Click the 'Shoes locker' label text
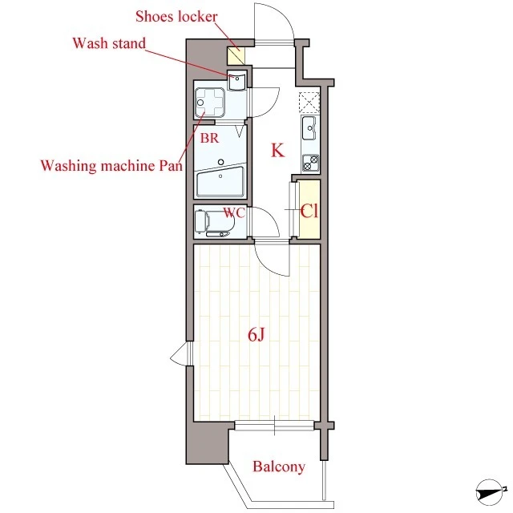[176, 16]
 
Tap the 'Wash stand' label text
[109, 42]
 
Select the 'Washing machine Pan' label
[111, 166]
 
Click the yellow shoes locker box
[236, 55]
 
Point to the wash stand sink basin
[237, 81]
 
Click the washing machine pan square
[210, 103]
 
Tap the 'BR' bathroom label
[209, 138]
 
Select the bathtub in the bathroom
[220, 182]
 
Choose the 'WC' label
[234, 212]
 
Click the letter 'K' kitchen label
[277, 151]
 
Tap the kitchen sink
[309, 128]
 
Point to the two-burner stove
[310, 163]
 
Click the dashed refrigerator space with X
[309, 103]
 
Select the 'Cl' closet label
[309, 211]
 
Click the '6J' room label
[256, 335]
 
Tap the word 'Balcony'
[279, 467]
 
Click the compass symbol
[490, 492]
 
